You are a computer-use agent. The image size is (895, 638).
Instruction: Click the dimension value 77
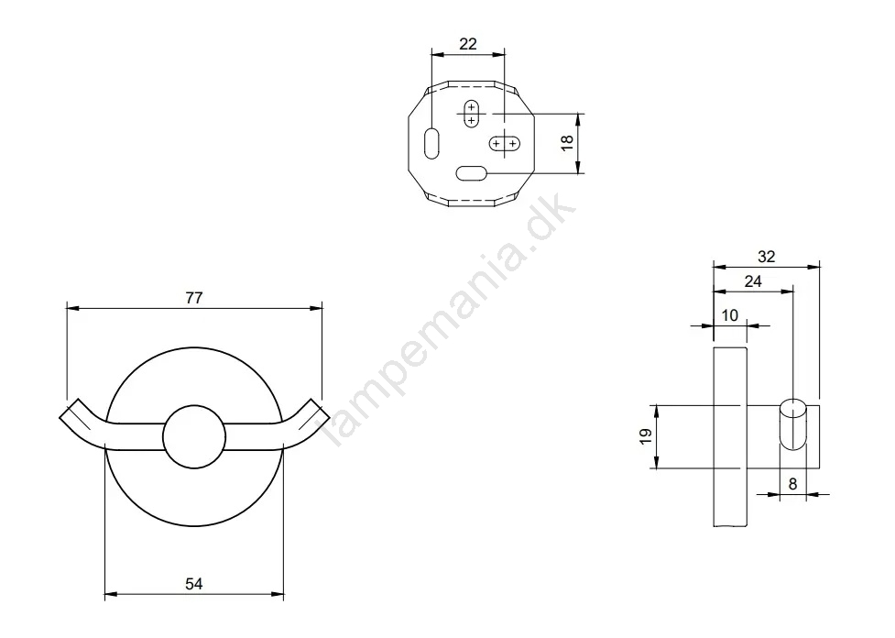pyautogui.click(x=194, y=297)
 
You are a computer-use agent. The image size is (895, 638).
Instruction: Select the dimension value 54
pyautogui.click(x=194, y=583)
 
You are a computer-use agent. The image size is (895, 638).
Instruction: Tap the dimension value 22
pyautogui.click(x=467, y=44)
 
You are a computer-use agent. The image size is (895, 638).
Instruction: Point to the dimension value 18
pyautogui.click(x=567, y=143)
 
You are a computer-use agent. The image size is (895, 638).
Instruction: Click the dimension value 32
pyautogui.click(x=767, y=258)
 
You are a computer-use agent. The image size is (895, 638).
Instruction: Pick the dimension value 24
pyautogui.click(x=753, y=282)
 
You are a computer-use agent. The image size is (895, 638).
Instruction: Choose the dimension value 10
pyautogui.click(x=730, y=314)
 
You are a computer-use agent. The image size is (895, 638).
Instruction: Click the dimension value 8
pyautogui.click(x=793, y=485)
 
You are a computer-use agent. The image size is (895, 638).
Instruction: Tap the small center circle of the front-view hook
pyautogui.click(x=194, y=434)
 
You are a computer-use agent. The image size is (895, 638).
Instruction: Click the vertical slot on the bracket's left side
pyautogui.click(x=431, y=143)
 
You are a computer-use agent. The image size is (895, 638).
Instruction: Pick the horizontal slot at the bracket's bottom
pyautogui.click(x=471, y=171)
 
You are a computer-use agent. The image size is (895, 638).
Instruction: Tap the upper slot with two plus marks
pyautogui.click(x=471, y=113)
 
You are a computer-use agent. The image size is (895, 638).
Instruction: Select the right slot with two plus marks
pyautogui.click(x=505, y=143)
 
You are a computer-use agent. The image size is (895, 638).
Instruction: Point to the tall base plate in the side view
pyautogui.click(x=730, y=438)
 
